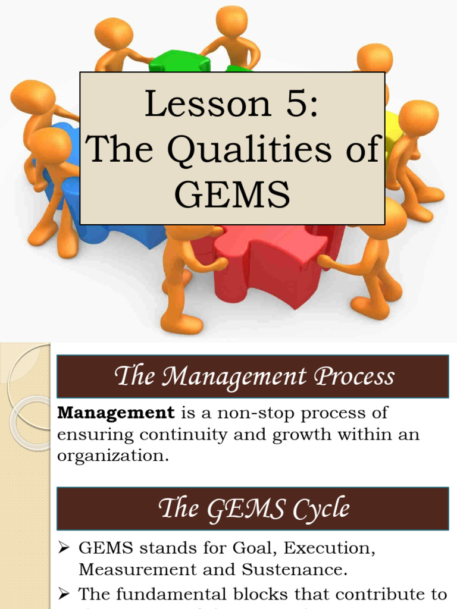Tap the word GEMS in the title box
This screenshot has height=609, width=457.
tap(233, 194)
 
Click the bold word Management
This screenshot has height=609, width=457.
tap(116, 412)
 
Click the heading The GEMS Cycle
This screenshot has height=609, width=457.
tap(253, 509)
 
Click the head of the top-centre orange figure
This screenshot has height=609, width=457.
tap(231, 21)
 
